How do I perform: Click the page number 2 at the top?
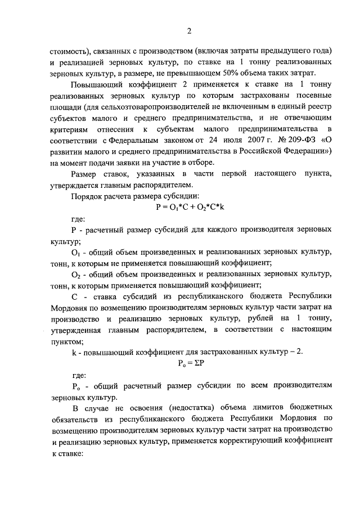(x=189, y=30)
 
